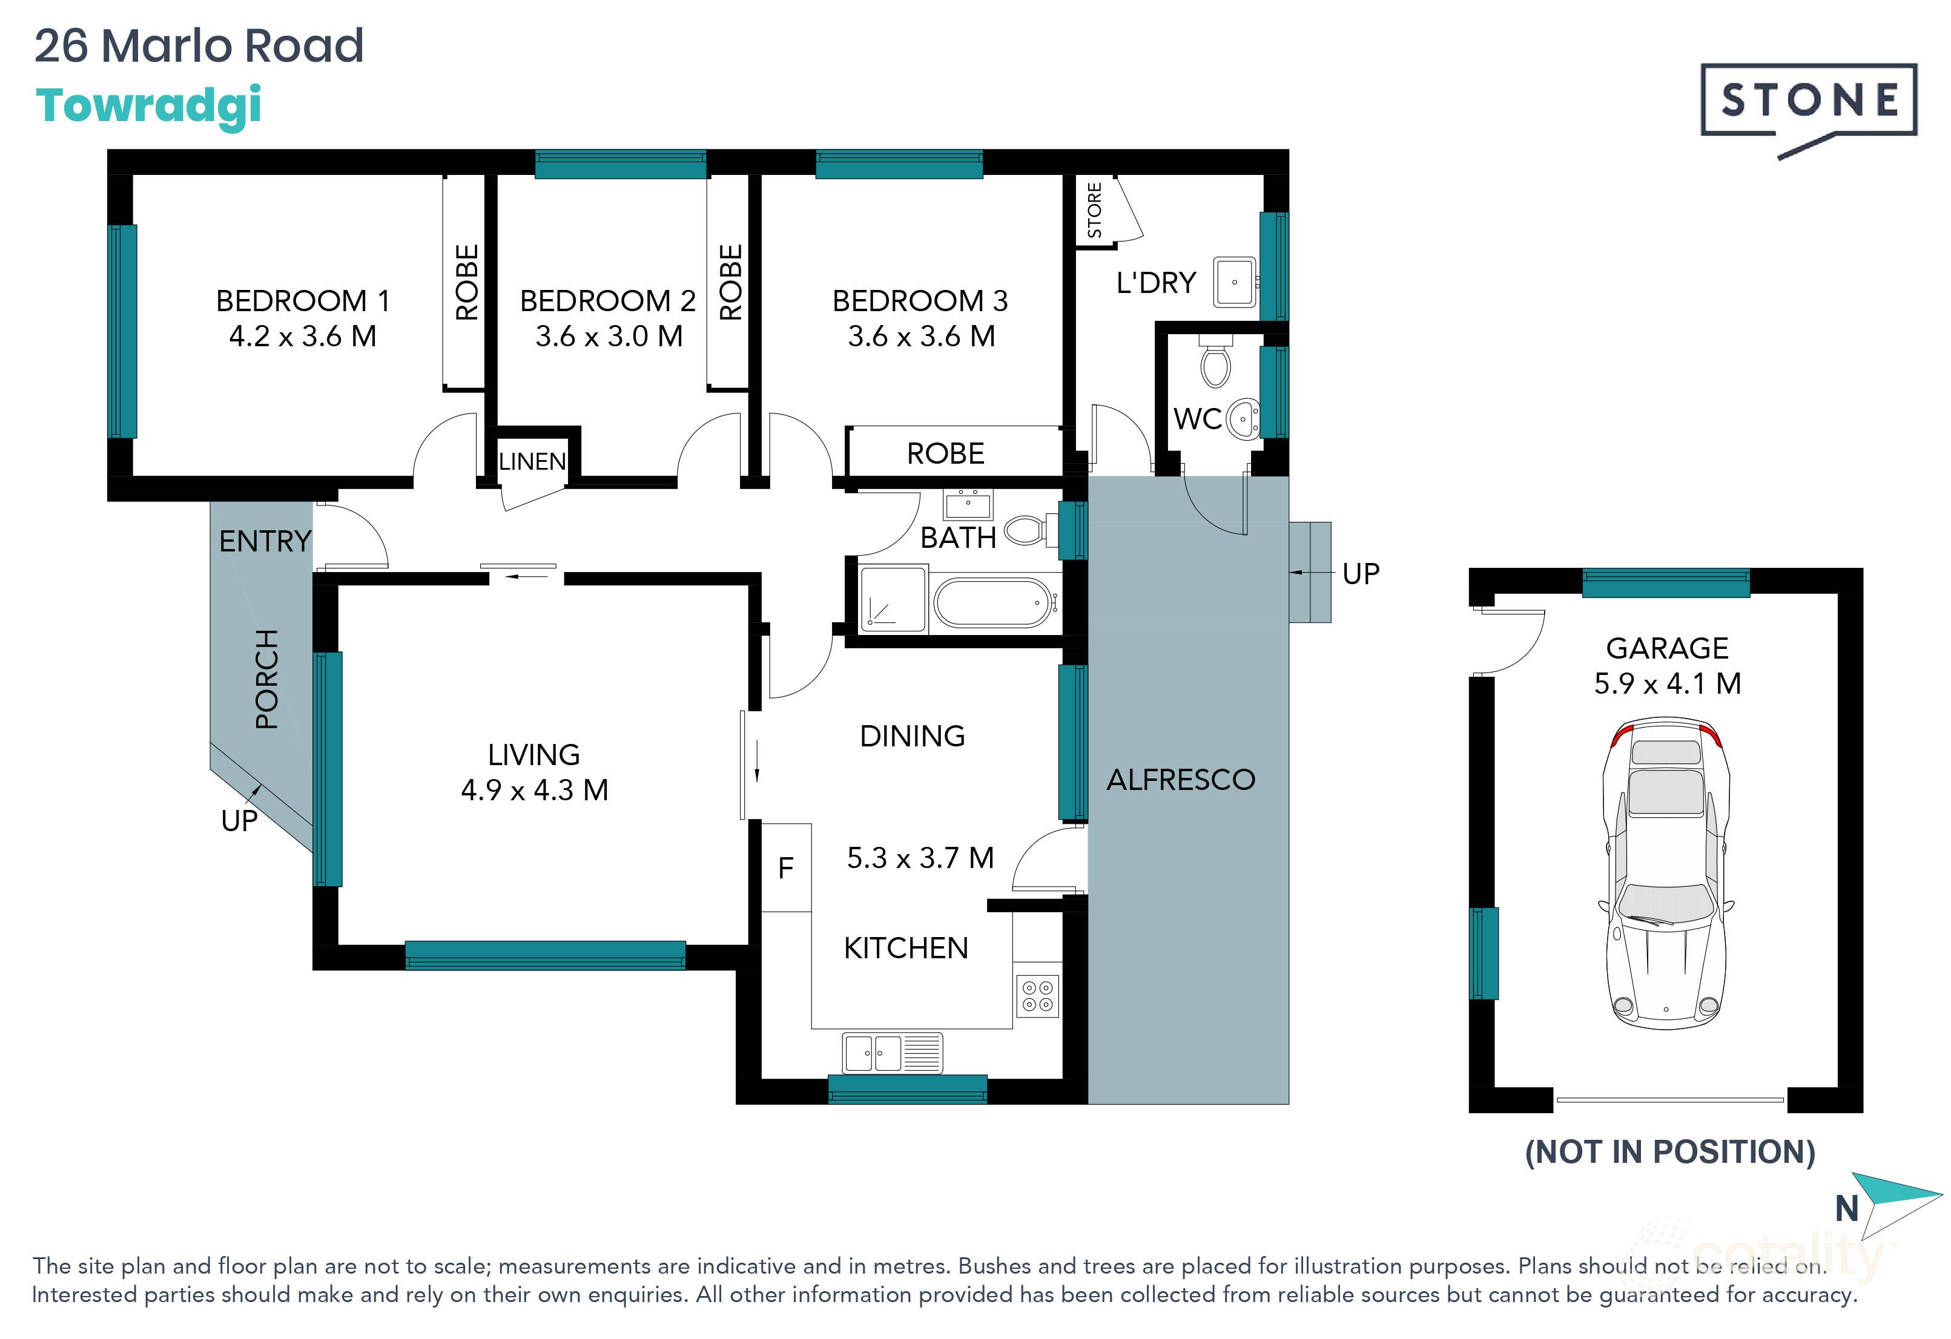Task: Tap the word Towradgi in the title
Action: [x=148, y=106]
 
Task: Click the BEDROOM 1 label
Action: [x=302, y=300]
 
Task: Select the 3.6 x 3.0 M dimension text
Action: [x=609, y=337]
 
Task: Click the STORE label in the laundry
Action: [x=1094, y=211]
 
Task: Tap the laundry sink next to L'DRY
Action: [x=1234, y=283]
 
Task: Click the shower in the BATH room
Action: [x=893, y=599]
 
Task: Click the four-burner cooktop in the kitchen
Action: [x=1037, y=996]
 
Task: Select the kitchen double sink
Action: [x=891, y=1053]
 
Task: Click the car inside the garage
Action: [x=1666, y=873]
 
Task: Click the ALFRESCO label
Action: [x=1180, y=780]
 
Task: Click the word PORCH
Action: [x=266, y=679]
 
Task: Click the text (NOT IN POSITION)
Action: [x=1669, y=1152]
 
